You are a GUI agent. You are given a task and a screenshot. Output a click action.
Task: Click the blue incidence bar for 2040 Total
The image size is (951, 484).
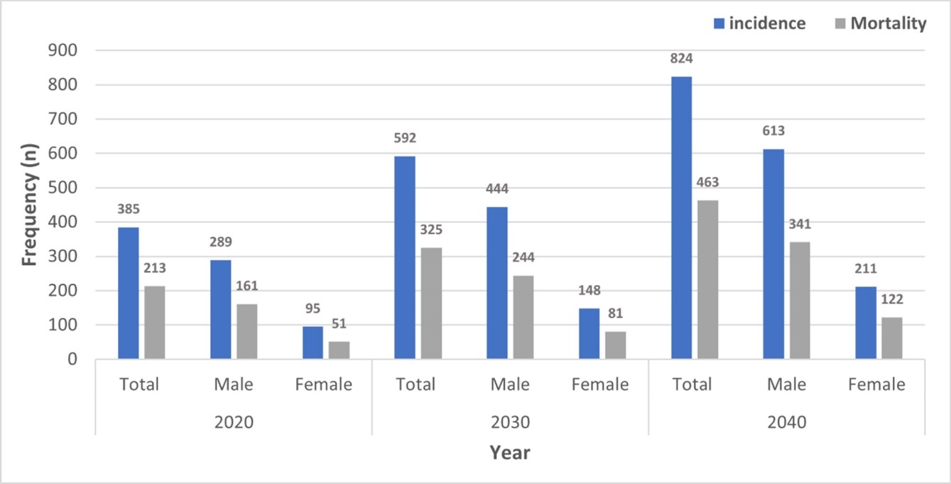(x=681, y=217)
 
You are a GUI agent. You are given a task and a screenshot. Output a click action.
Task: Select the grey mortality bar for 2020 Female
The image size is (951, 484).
(x=339, y=350)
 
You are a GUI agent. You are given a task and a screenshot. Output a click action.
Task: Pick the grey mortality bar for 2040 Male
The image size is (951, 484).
(x=800, y=301)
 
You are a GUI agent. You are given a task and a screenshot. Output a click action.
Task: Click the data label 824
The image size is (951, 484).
(x=680, y=58)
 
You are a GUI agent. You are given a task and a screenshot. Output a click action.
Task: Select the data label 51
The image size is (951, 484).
(x=339, y=325)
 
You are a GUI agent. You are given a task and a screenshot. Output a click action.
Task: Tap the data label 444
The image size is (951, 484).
(x=497, y=189)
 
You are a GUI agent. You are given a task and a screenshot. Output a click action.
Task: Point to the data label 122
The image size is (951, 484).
(x=892, y=300)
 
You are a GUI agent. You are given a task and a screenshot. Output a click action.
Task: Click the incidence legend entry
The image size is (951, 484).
(x=759, y=23)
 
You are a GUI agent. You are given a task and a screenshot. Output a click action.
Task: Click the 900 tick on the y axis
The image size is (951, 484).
(x=63, y=51)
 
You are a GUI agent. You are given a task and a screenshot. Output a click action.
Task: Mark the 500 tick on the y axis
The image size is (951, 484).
(x=63, y=188)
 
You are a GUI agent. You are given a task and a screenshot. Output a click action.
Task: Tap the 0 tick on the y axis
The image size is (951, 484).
(x=72, y=360)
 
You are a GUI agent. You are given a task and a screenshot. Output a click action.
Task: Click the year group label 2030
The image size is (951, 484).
(x=510, y=422)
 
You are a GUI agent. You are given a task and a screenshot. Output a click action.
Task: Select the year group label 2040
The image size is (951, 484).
(x=786, y=422)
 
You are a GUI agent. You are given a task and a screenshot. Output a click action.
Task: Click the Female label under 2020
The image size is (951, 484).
(x=324, y=385)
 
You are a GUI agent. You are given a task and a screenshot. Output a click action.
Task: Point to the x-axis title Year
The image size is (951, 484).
(x=510, y=453)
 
